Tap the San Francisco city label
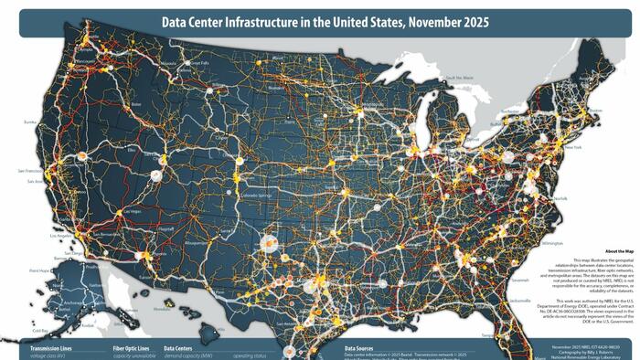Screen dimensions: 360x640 coord(30,171)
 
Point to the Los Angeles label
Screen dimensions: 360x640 coord(60,236)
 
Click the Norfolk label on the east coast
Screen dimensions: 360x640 coord(560,198)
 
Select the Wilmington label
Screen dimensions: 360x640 coord(551,244)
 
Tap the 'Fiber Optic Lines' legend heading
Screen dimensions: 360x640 coord(132,348)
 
